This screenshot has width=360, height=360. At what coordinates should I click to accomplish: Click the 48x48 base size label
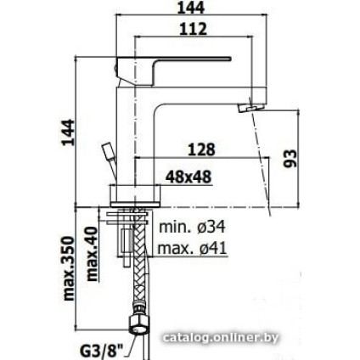(188, 177)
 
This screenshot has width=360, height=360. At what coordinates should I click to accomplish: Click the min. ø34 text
(192, 228)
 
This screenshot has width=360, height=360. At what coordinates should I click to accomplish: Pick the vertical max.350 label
(70, 269)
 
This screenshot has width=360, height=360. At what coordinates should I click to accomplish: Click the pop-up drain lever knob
(106, 154)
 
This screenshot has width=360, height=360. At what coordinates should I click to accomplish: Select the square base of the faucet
(135, 193)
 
